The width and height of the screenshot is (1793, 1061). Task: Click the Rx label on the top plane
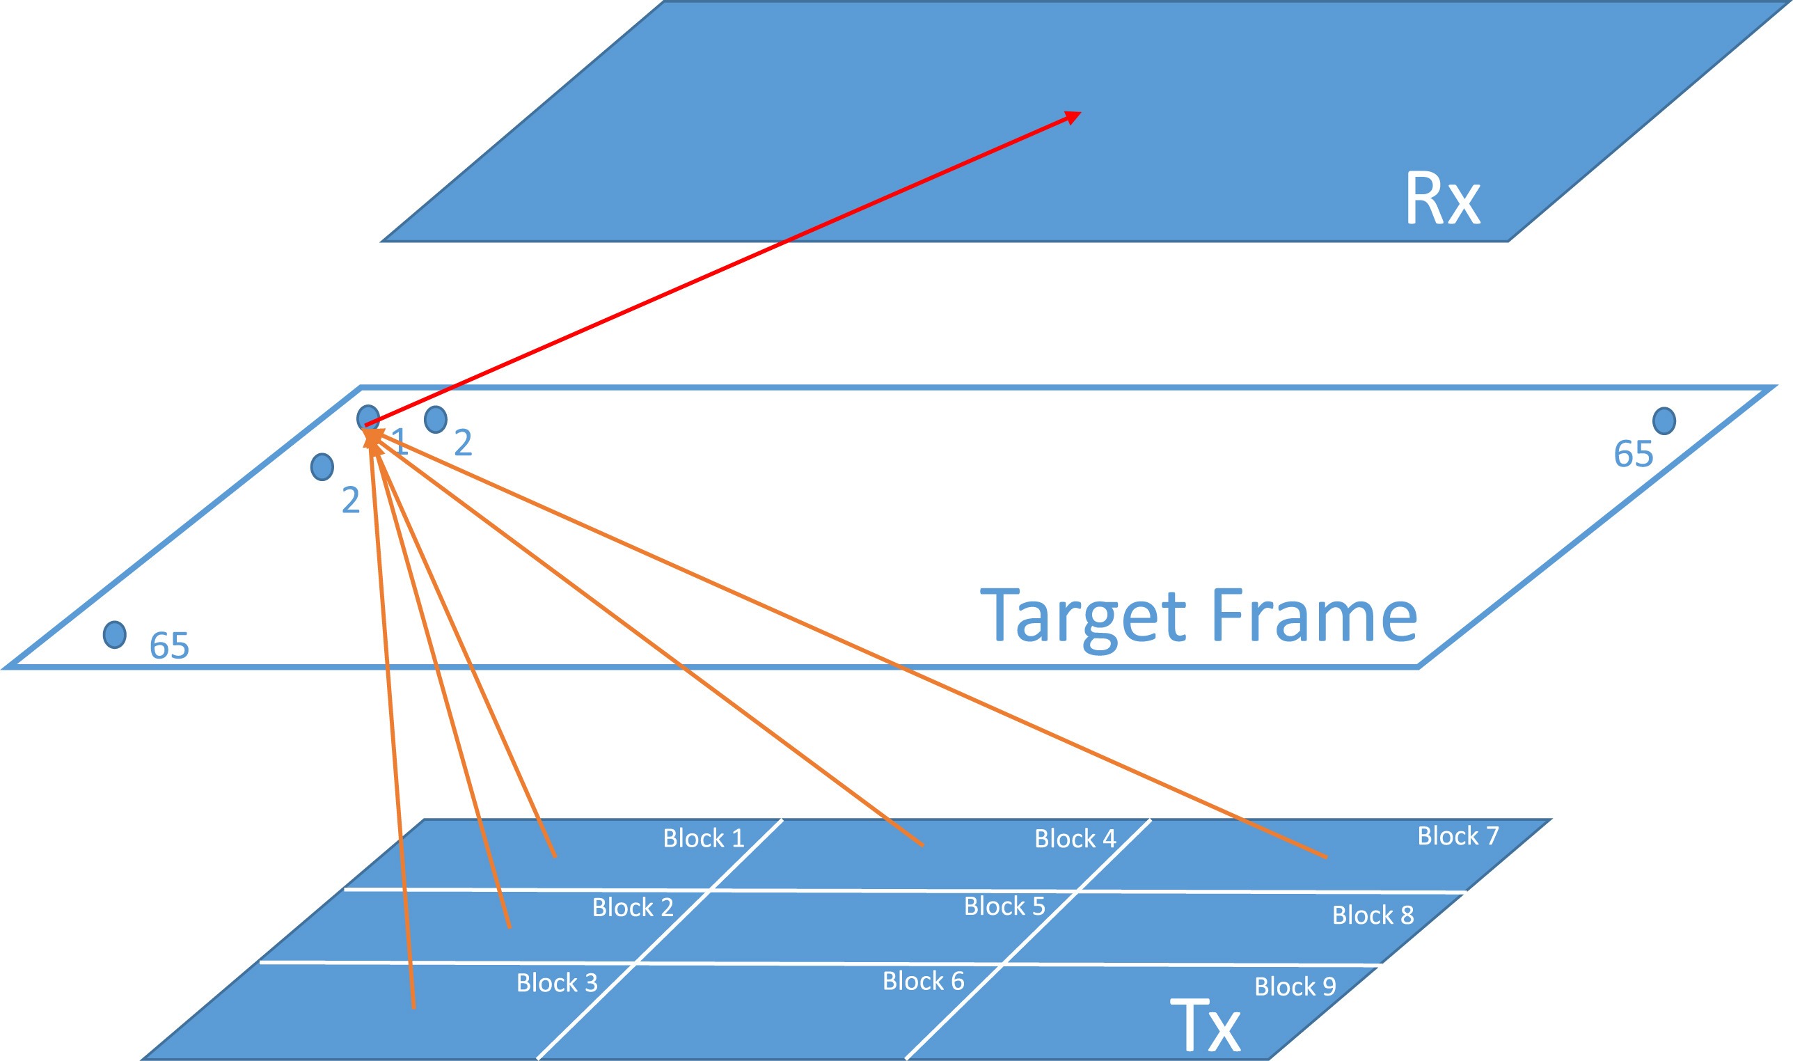(x=1442, y=198)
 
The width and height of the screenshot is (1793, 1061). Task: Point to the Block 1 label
(x=703, y=838)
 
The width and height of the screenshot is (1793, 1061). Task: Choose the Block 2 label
(x=633, y=907)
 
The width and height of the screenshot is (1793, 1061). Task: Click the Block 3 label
(x=557, y=982)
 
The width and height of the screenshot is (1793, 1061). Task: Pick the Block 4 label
(x=1075, y=838)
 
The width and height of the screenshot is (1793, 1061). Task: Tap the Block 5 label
(x=1004, y=906)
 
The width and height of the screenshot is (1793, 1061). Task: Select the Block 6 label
(x=924, y=981)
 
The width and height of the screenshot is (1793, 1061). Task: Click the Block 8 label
(x=1373, y=915)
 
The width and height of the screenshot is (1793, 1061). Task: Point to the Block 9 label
(x=1295, y=987)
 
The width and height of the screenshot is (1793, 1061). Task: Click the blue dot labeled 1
(x=368, y=418)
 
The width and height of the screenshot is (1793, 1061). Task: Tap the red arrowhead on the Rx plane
(x=1073, y=116)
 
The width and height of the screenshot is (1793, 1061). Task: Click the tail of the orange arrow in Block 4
(x=922, y=845)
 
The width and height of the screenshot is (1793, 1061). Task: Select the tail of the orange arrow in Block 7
(x=1326, y=856)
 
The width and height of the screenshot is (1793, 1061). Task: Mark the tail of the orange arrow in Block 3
(x=413, y=1007)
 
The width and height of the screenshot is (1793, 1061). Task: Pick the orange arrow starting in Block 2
(x=443, y=686)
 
